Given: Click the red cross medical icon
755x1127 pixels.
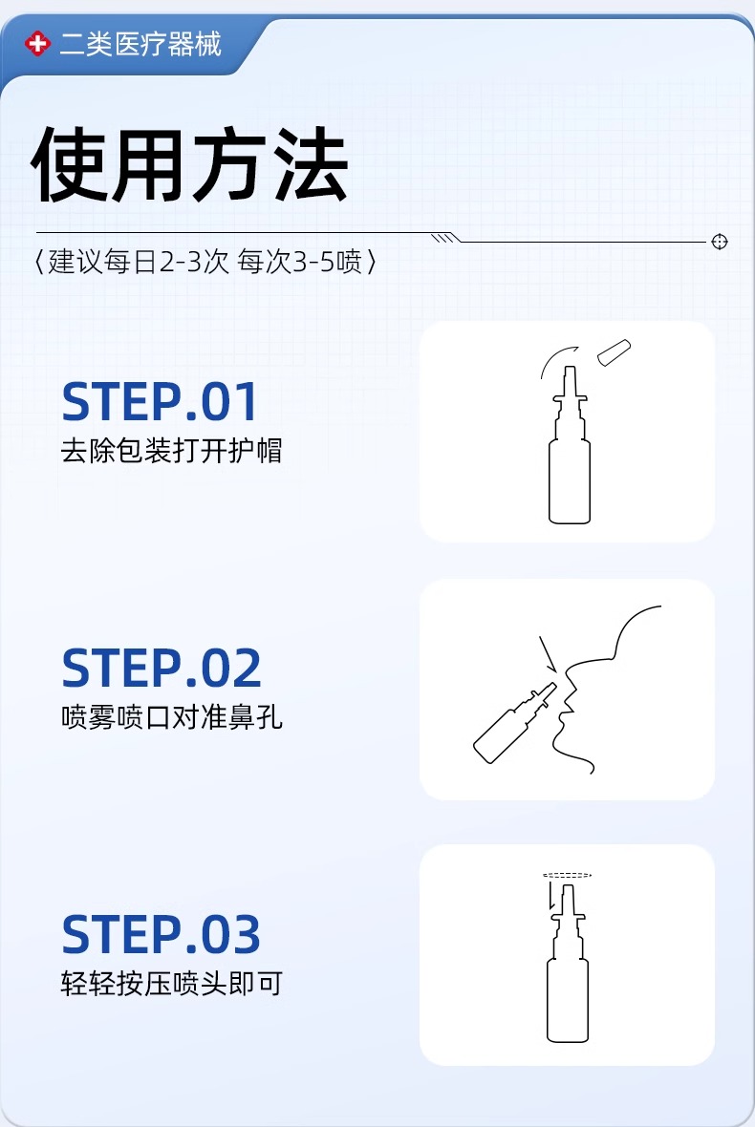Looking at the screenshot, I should click(x=37, y=44).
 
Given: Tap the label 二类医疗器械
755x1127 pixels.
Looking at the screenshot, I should click(x=140, y=44).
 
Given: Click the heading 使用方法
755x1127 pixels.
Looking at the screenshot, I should click(x=190, y=167).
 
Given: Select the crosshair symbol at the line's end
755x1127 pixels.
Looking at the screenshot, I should click(x=720, y=242).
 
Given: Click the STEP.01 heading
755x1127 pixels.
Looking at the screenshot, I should click(x=160, y=402).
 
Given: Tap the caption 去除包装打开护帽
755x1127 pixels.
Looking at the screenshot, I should click(x=171, y=451).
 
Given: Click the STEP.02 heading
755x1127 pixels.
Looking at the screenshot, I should click(x=162, y=669).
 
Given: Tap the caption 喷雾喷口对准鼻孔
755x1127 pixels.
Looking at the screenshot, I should click(x=171, y=717).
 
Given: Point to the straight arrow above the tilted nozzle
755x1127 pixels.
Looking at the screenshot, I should click(x=547, y=654).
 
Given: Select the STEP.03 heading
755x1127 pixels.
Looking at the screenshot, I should click(x=161, y=935).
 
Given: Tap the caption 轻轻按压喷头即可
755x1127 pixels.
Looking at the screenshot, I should click(x=171, y=984).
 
